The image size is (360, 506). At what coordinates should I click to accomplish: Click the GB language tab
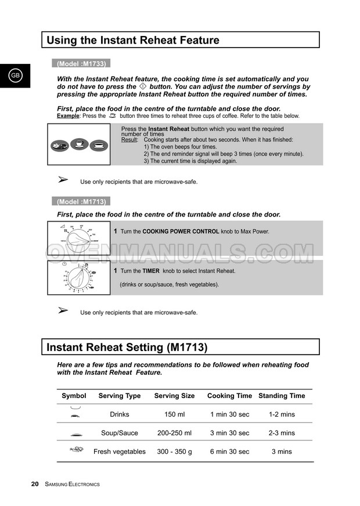[x=15, y=76]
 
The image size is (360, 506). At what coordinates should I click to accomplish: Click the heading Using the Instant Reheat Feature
[x=133, y=41]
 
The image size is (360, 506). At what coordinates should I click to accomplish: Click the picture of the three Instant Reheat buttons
[x=79, y=145]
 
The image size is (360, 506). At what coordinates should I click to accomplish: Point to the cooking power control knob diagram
[x=79, y=238]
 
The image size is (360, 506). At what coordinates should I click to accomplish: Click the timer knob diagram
[x=79, y=277]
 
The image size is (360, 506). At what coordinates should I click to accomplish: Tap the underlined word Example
[x=68, y=116]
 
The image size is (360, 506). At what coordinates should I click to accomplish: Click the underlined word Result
[x=129, y=140]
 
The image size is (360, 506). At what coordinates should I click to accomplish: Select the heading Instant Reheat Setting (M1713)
[x=127, y=348]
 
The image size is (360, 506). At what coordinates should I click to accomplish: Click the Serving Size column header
[x=174, y=396]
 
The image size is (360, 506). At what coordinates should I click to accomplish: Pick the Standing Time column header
[x=282, y=396]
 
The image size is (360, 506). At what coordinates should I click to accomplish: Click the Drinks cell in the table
[x=120, y=414]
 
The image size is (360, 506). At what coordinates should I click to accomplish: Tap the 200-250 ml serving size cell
[x=174, y=433]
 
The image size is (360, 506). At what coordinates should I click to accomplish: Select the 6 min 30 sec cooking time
[x=229, y=451]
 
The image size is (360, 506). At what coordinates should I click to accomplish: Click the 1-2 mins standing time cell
[x=282, y=414]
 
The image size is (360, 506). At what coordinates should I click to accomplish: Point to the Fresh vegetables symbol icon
[x=76, y=449]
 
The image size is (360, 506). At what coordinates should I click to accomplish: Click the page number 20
[x=35, y=484]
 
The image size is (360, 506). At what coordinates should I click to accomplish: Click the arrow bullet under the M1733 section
[x=64, y=180]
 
